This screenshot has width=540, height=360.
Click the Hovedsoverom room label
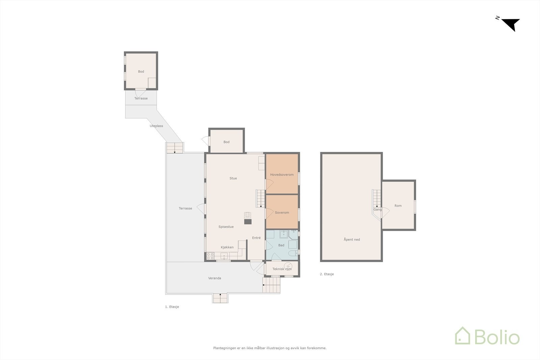click(x=282, y=175)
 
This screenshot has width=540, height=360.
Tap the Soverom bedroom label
click(x=282, y=213)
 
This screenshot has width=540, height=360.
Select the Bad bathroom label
click(x=281, y=245)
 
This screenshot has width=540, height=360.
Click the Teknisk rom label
click(x=282, y=269)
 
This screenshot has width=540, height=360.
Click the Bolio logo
click(x=487, y=336)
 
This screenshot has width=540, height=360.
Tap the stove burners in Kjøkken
click(x=210, y=256)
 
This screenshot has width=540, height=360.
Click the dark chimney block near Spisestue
click(x=248, y=222)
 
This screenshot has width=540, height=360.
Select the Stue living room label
click(x=233, y=178)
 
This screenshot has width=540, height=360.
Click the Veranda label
click(x=215, y=278)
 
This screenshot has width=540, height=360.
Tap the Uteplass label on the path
click(x=156, y=126)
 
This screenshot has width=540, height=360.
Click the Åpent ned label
click(x=352, y=240)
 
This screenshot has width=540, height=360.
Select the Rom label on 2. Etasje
click(x=398, y=206)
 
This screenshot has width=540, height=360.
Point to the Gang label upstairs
click(x=377, y=210)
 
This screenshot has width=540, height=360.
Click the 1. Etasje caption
click(x=172, y=307)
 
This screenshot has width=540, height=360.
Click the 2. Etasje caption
click(x=327, y=274)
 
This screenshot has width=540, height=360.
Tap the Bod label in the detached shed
click(x=141, y=72)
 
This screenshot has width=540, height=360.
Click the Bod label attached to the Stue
click(x=226, y=142)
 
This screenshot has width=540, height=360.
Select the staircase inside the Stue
click(x=260, y=198)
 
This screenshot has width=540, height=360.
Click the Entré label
click(x=256, y=238)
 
